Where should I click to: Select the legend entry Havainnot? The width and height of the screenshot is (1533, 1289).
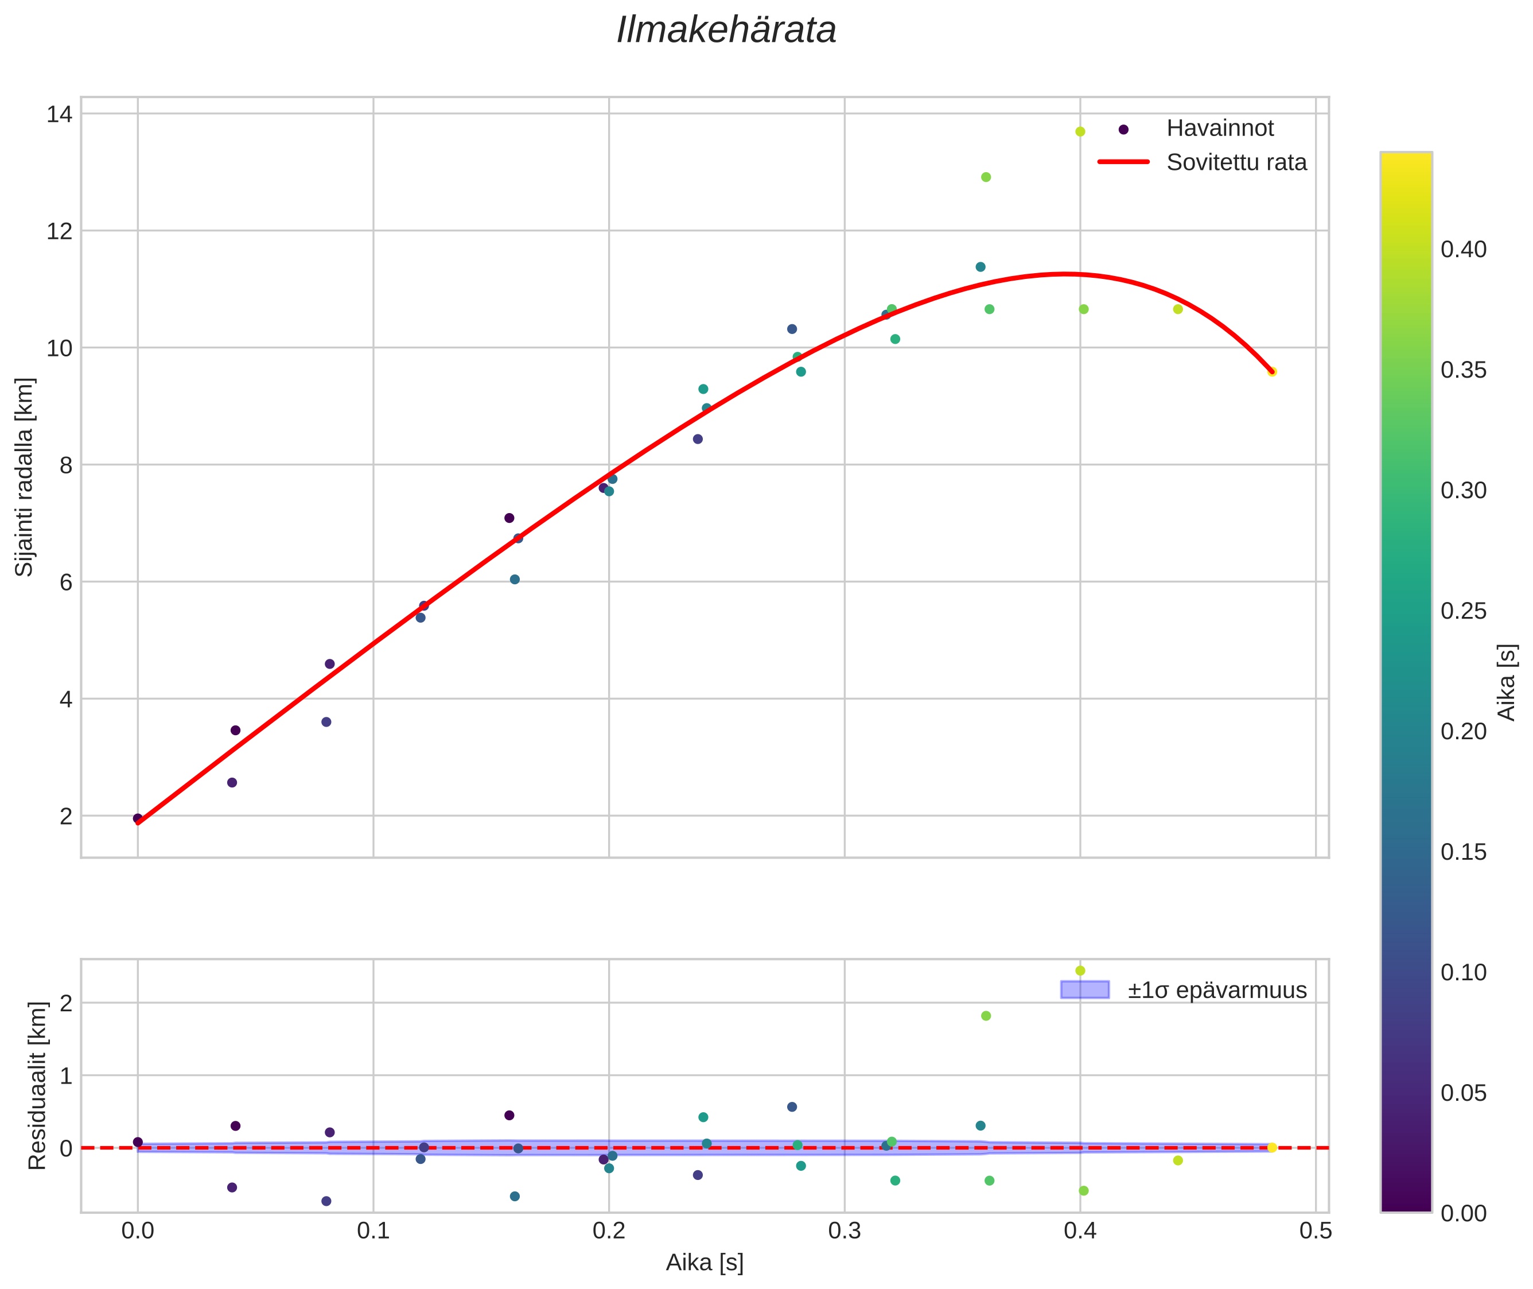tap(1219, 129)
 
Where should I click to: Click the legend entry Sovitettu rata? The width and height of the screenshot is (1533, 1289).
tap(1236, 162)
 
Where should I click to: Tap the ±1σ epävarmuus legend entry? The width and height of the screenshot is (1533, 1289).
tap(1216, 990)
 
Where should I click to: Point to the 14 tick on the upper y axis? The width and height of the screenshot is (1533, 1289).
tap(59, 115)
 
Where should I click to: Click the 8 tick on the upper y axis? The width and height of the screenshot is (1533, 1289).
tap(66, 465)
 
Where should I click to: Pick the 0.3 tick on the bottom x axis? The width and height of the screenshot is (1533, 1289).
tap(845, 1231)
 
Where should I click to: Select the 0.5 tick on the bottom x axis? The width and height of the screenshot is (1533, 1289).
tap(1316, 1231)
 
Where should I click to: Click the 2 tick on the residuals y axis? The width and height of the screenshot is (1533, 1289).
tap(66, 1003)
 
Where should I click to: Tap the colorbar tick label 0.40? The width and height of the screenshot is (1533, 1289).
tap(1463, 250)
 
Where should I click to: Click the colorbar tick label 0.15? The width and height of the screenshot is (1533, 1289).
tap(1463, 852)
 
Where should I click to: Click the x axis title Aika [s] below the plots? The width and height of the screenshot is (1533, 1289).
tap(704, 1263)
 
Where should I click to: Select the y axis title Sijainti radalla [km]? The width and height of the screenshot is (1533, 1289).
tap(24, 477)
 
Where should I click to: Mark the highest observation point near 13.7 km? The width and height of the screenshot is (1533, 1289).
tap(1080, 131)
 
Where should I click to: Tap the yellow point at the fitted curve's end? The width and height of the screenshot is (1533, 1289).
tap(1271, 372)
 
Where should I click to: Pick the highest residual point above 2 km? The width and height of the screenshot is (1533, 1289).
tap(1080, 971)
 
